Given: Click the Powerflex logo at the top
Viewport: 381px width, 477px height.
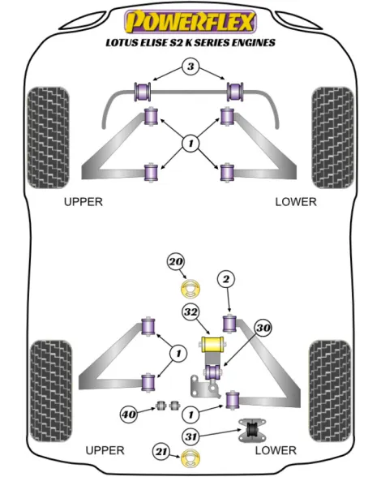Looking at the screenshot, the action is (x=190, y=22).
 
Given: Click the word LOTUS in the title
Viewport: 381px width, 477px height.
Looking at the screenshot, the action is (x=122, y=42).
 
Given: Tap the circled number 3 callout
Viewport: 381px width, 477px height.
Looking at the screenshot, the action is (x=190, y=67).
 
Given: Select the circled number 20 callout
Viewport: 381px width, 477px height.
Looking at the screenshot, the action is (x=176, y=261).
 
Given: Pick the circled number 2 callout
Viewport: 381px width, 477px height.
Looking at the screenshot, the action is (x=226, y=279).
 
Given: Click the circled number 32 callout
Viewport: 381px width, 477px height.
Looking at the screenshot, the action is (x=191, y=312).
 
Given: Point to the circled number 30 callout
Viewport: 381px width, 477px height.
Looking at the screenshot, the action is (x=263, y=328).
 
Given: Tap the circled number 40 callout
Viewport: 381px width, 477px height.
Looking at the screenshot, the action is (x=129, y=414).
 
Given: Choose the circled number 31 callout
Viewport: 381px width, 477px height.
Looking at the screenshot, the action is (x=191, y=436).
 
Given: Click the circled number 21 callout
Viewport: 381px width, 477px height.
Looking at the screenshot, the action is (x=161, y=452).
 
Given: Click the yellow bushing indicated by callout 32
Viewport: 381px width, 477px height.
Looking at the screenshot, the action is (x=212, y=344).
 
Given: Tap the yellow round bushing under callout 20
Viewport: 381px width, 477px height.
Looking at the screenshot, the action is (x=191, y=289).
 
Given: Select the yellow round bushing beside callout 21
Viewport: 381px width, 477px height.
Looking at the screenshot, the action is (x=190, y=458).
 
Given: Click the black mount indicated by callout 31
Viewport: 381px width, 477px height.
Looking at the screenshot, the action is (x=252, y=430).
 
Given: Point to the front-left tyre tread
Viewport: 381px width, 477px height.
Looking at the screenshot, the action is (x=48, y=138).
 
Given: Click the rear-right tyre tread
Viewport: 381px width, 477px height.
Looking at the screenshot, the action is (x=330, y=391).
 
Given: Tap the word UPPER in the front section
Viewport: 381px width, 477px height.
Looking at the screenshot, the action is (x=83, y=202).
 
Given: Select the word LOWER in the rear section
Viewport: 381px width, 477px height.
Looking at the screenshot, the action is (x=276, y=450).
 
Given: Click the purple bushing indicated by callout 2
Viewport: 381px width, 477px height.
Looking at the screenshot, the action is (x=229, y=324).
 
